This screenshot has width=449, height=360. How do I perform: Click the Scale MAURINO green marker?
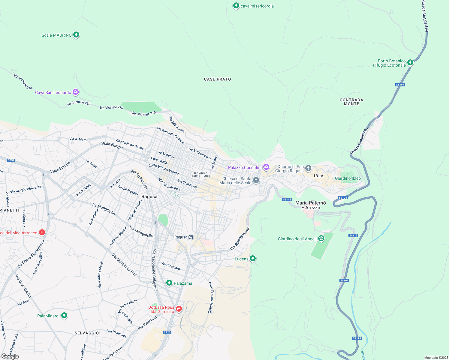tap(76, 35)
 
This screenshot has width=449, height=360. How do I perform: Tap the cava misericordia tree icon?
tap(236, 6)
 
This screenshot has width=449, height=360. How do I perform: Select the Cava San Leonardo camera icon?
tap(76, 92)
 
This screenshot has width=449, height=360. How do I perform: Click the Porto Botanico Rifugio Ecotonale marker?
tap(410, 62)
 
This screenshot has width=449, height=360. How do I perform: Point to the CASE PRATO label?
tap(217, 79)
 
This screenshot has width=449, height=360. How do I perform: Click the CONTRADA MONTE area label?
tap(351, 102)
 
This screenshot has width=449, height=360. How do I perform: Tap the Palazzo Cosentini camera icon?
tap(266, 167)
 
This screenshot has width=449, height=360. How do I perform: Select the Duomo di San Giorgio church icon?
tap(308, 168)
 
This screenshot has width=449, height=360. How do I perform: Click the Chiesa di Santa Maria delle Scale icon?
tap(256, 180)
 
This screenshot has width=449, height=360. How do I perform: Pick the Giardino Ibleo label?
tap(348, 178)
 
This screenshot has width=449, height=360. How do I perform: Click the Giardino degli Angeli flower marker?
tap(321, 238)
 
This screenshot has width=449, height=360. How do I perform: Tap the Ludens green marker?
tap(253, 258)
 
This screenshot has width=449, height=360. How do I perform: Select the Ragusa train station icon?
tap(191, 237)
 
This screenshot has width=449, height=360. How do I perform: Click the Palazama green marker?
tap(169, 283)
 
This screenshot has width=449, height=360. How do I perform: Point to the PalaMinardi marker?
tap(64, 316)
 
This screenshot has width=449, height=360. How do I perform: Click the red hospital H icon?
tap(42, 232)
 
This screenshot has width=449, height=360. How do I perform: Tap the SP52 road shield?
tap(11, 160)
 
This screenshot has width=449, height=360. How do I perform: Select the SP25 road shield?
tap(167, 332)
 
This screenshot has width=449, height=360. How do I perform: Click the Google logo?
tap(10, 356)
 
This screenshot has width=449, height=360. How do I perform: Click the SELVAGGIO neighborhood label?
tap(87, 333)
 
